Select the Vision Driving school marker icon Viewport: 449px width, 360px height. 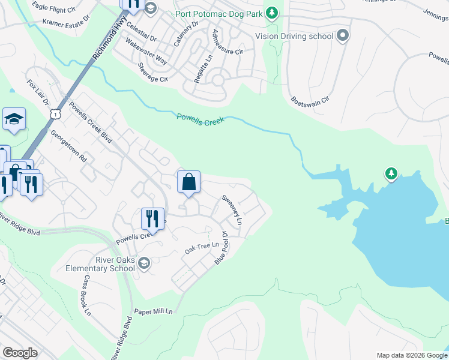[x=343, y=36]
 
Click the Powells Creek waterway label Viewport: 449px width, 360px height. [x=200, y=118]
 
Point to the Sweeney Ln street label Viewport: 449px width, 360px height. [x=232, y=210]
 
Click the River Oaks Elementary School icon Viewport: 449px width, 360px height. [x=144, y=263]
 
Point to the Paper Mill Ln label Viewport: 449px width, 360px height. [x=153, y=311]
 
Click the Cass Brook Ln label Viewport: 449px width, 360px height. [x=87, y=295]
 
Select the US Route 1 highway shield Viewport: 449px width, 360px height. [x=55, y=113]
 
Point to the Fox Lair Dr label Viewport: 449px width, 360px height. [x=38, y=92]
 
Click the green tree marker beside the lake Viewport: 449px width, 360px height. [x=391, y=173]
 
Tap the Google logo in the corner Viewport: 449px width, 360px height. [x=20, y=353]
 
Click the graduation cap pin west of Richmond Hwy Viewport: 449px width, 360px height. [x=14, y=119]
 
